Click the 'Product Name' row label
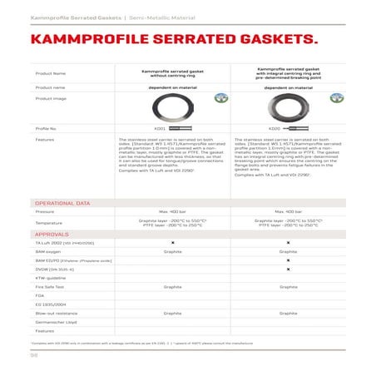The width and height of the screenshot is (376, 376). [x=50, y=73]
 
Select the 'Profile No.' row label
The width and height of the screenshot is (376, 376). [x=47, y=129]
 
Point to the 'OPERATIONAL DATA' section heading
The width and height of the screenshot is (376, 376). [x=62, y=202]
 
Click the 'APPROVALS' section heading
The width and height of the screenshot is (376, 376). [x=52, y=235]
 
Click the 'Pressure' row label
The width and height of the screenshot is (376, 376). [x=45, y=211]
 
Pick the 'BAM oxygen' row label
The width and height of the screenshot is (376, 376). [x=47, y=250]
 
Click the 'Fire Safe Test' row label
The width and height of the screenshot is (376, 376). [x=50, y=285]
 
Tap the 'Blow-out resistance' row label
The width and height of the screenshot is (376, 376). [x=54, y=313]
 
